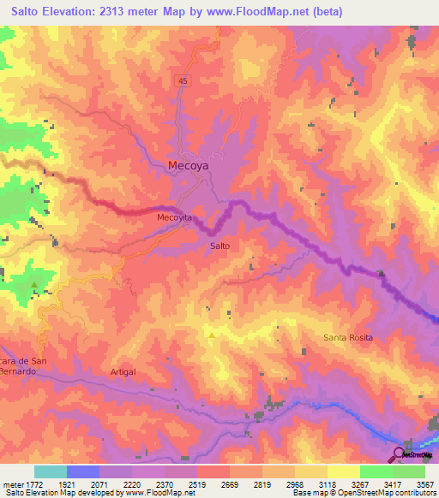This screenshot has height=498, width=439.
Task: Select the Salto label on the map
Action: point(219,246)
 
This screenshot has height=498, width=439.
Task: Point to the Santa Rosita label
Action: point(348,337)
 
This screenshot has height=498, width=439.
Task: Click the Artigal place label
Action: point(123,371)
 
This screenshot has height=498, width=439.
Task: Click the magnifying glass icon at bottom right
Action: point(400,454)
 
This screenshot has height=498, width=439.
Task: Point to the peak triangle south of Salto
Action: point(212,335)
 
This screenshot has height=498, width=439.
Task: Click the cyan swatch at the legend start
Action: point(51,471)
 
